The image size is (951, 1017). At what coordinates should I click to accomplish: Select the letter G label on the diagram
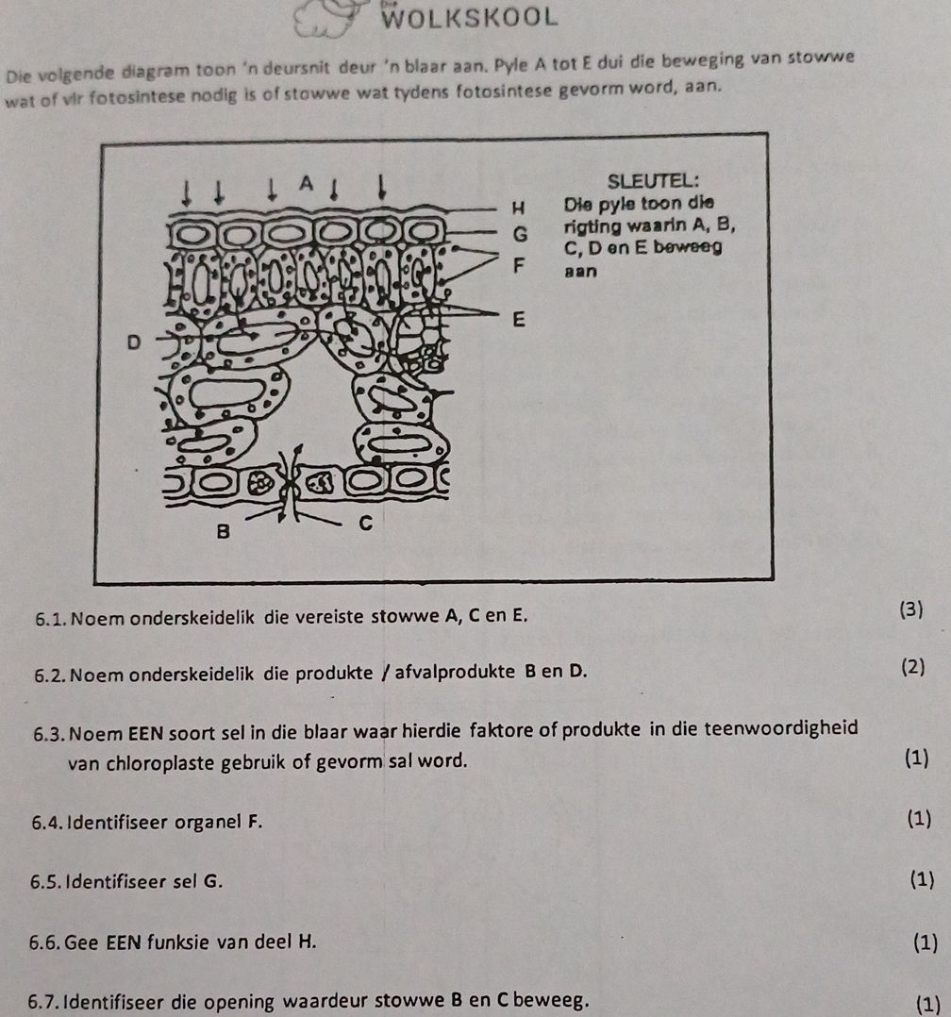coord(517,229)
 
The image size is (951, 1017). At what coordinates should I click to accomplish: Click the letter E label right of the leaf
coord(516,321)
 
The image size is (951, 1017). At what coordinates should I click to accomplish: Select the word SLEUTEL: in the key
coord(654,179)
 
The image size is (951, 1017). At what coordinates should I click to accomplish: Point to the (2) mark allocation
coord(913,668)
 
